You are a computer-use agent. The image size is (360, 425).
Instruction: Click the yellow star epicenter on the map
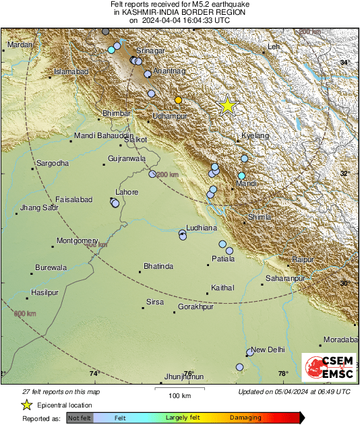(228, 106)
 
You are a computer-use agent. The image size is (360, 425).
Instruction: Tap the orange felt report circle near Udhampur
(178, 100)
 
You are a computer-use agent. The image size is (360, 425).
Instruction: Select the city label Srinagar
(151, 51)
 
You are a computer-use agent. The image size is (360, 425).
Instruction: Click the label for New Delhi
(268, 350)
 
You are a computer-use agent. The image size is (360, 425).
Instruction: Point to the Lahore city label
(127, 193)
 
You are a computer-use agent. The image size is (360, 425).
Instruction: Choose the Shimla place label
(260, 217)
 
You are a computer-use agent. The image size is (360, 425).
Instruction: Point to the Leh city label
(273, 46)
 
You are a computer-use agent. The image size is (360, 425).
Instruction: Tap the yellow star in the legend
(26, 405)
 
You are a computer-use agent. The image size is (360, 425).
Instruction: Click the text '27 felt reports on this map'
(61, 391)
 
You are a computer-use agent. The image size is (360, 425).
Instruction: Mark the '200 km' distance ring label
(167, 174)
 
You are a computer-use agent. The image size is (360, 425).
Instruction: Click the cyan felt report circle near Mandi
(241, 176)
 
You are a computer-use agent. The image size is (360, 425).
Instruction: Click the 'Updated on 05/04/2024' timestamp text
(294, 391)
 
